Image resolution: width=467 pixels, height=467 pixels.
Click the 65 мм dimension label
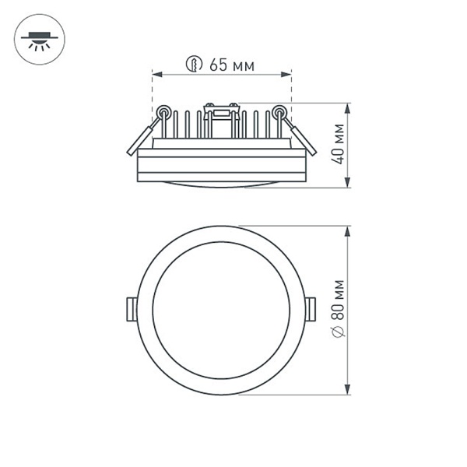(232, 65)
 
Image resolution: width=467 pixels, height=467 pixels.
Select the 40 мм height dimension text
(337, 146)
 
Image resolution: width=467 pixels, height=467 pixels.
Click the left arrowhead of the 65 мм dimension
(155, 75)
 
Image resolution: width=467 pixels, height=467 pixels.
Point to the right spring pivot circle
(279, 112)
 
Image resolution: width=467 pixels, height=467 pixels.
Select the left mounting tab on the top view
(131, 308)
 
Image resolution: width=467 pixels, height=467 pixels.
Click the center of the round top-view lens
(221, 310)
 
